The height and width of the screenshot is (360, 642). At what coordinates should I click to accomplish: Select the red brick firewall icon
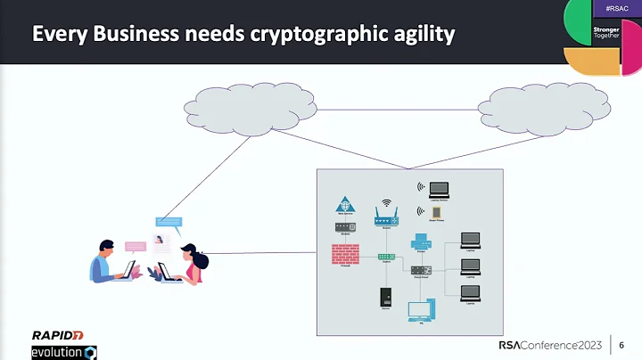tap(345, 253)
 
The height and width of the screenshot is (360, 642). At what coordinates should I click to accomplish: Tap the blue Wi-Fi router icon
tap(386, 217)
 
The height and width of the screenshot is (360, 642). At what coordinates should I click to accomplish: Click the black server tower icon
tap(386, 296)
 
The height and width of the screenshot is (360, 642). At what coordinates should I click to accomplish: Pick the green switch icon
tap(386, 257)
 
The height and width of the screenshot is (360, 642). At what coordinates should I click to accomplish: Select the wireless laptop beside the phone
tap(439, 189)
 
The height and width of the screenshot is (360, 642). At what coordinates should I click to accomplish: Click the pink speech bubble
tap(135, 246)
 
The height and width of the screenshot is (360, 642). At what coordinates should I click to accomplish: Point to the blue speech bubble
tap(169, 221)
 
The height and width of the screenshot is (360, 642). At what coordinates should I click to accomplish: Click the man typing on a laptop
tap(111, 263)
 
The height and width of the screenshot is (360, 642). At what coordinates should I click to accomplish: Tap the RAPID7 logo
tap(58, 335)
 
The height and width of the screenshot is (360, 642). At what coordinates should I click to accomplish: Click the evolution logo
tap(63, 352)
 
